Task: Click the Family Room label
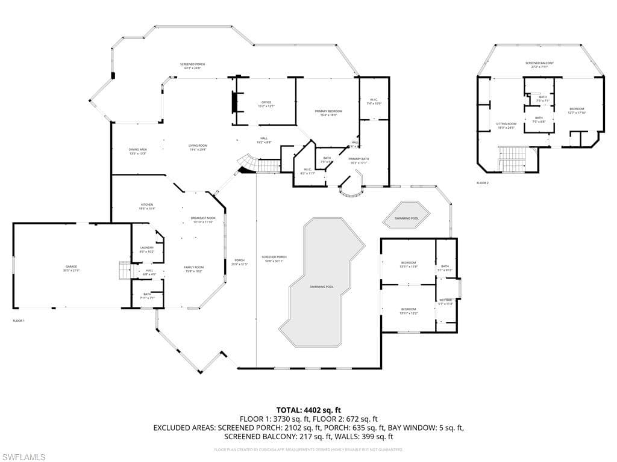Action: pos(193,269)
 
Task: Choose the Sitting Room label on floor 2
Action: pos(506,125)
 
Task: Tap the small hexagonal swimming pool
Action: pos(407,218)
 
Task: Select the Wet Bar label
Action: pos(445,301)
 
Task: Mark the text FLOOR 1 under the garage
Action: pos(19,321)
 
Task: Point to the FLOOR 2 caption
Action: pos(482,182)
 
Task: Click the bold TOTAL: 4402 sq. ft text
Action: pos(308,410)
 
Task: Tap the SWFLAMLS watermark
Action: pos(23,457)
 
